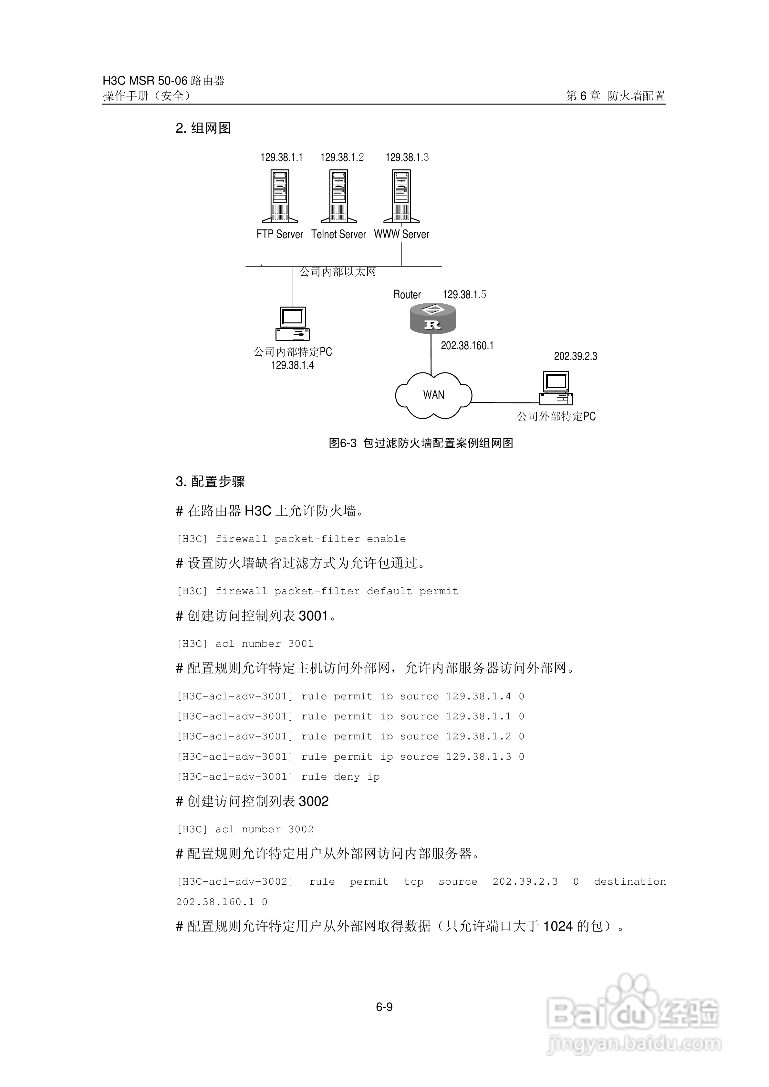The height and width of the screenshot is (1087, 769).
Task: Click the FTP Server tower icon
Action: [x=280, y=196]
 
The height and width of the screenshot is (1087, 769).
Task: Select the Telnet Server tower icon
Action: [x=339, y=196]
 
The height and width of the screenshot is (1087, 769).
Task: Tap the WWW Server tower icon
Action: [x=402, y=196]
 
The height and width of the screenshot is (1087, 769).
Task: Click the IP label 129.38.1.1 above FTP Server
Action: [x=281, y=157]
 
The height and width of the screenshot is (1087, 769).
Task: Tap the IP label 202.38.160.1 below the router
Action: [x=467, y=346]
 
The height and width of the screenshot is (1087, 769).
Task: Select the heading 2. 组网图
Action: [x=203, y=128]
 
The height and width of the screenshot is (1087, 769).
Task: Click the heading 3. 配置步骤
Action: [x=210, y=482]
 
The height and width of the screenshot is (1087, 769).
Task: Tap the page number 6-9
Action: [x=384, y=1008]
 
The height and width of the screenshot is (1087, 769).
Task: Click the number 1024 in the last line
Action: [x=558, y=926]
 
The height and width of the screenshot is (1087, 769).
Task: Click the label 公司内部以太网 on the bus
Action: [x=338, y=272]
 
